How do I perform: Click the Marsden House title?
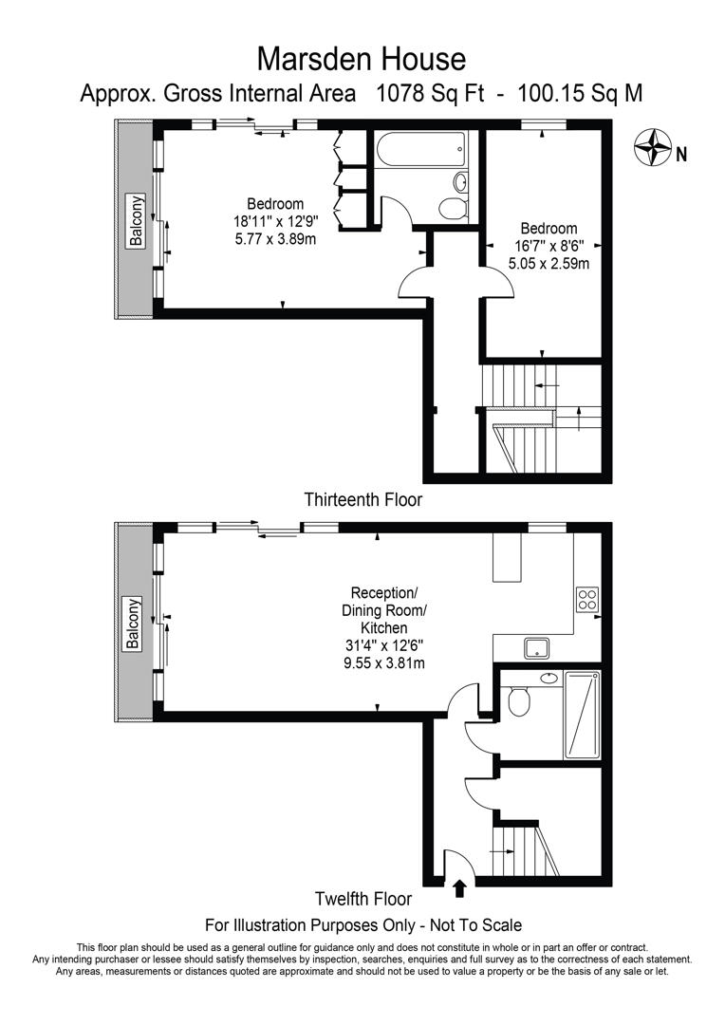(362, 59)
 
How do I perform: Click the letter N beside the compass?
(681, 153)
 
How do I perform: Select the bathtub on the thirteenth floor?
(420, 149)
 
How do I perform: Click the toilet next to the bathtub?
(453, 208)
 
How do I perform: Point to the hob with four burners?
(587, 599)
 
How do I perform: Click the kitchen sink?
(539, 648)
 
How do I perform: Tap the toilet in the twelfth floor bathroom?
(518, 702)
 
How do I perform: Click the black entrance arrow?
(460, 887)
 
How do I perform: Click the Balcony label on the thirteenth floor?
(138, 221)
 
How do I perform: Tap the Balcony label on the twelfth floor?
(134, 624)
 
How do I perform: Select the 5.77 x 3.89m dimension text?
(275, 238)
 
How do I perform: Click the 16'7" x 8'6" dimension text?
(548, 246)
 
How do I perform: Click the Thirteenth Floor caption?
(362, 499)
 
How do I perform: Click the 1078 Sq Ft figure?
(429, 93)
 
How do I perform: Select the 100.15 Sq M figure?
(577, 93)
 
